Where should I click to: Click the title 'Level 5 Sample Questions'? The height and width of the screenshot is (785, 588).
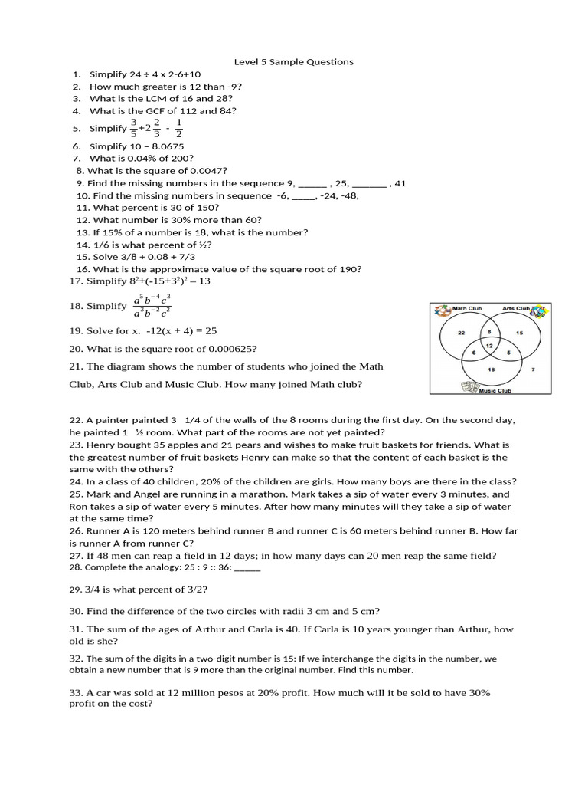pos(293,62)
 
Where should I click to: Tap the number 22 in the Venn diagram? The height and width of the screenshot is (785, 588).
pos(461,333)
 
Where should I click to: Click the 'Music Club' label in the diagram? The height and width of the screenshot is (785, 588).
pos(495,391)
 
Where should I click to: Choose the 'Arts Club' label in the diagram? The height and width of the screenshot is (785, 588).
pos(516,309)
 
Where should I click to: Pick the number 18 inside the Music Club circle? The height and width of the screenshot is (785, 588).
pos(490,369)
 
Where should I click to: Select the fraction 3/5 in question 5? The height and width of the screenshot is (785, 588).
pos(133,128)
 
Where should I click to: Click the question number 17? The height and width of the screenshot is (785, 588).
pos(75,281)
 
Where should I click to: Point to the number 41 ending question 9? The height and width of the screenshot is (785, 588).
pos(400,183)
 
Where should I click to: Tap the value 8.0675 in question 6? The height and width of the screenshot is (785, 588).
pos(164,146)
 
